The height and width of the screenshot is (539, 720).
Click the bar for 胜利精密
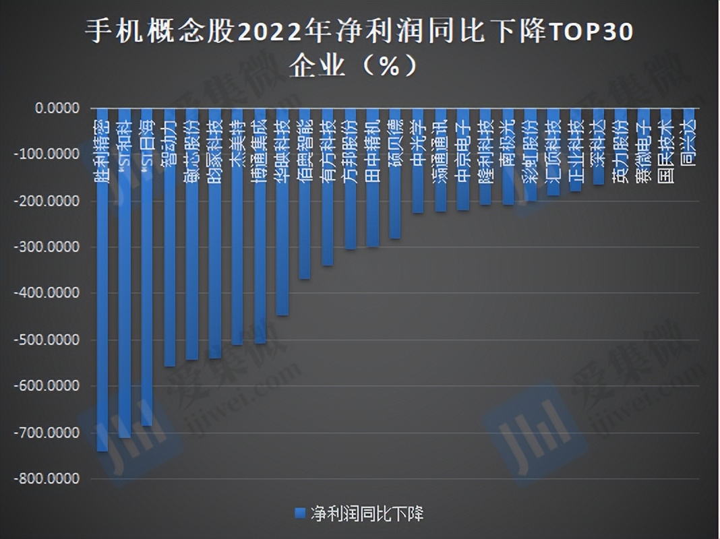pos(102,303)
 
